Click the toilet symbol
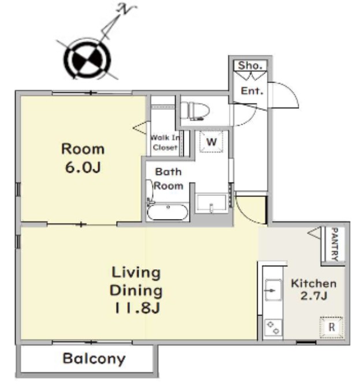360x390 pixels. coord(195,111)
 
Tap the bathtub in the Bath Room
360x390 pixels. coord(167,212)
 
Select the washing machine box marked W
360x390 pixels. coord(211,142)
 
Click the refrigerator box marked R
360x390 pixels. coord(331,328)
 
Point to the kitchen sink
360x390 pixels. coord(273,290)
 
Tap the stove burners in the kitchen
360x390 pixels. coord(273,328)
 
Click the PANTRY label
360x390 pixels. coord(335,244)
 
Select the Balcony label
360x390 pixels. coord(94,359)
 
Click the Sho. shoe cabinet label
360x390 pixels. coord(250,65)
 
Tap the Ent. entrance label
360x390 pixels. coord(252,91)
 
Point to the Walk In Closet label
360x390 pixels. coord(165,142)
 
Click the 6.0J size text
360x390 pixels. coord(83,168)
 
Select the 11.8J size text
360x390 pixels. coord(137,308)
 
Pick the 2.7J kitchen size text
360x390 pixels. coord(313,296)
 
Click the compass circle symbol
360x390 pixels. coord(87,60)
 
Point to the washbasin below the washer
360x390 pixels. coord(211,204)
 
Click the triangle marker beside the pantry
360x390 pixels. coord(314,233)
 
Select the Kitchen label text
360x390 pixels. coord(314,284)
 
